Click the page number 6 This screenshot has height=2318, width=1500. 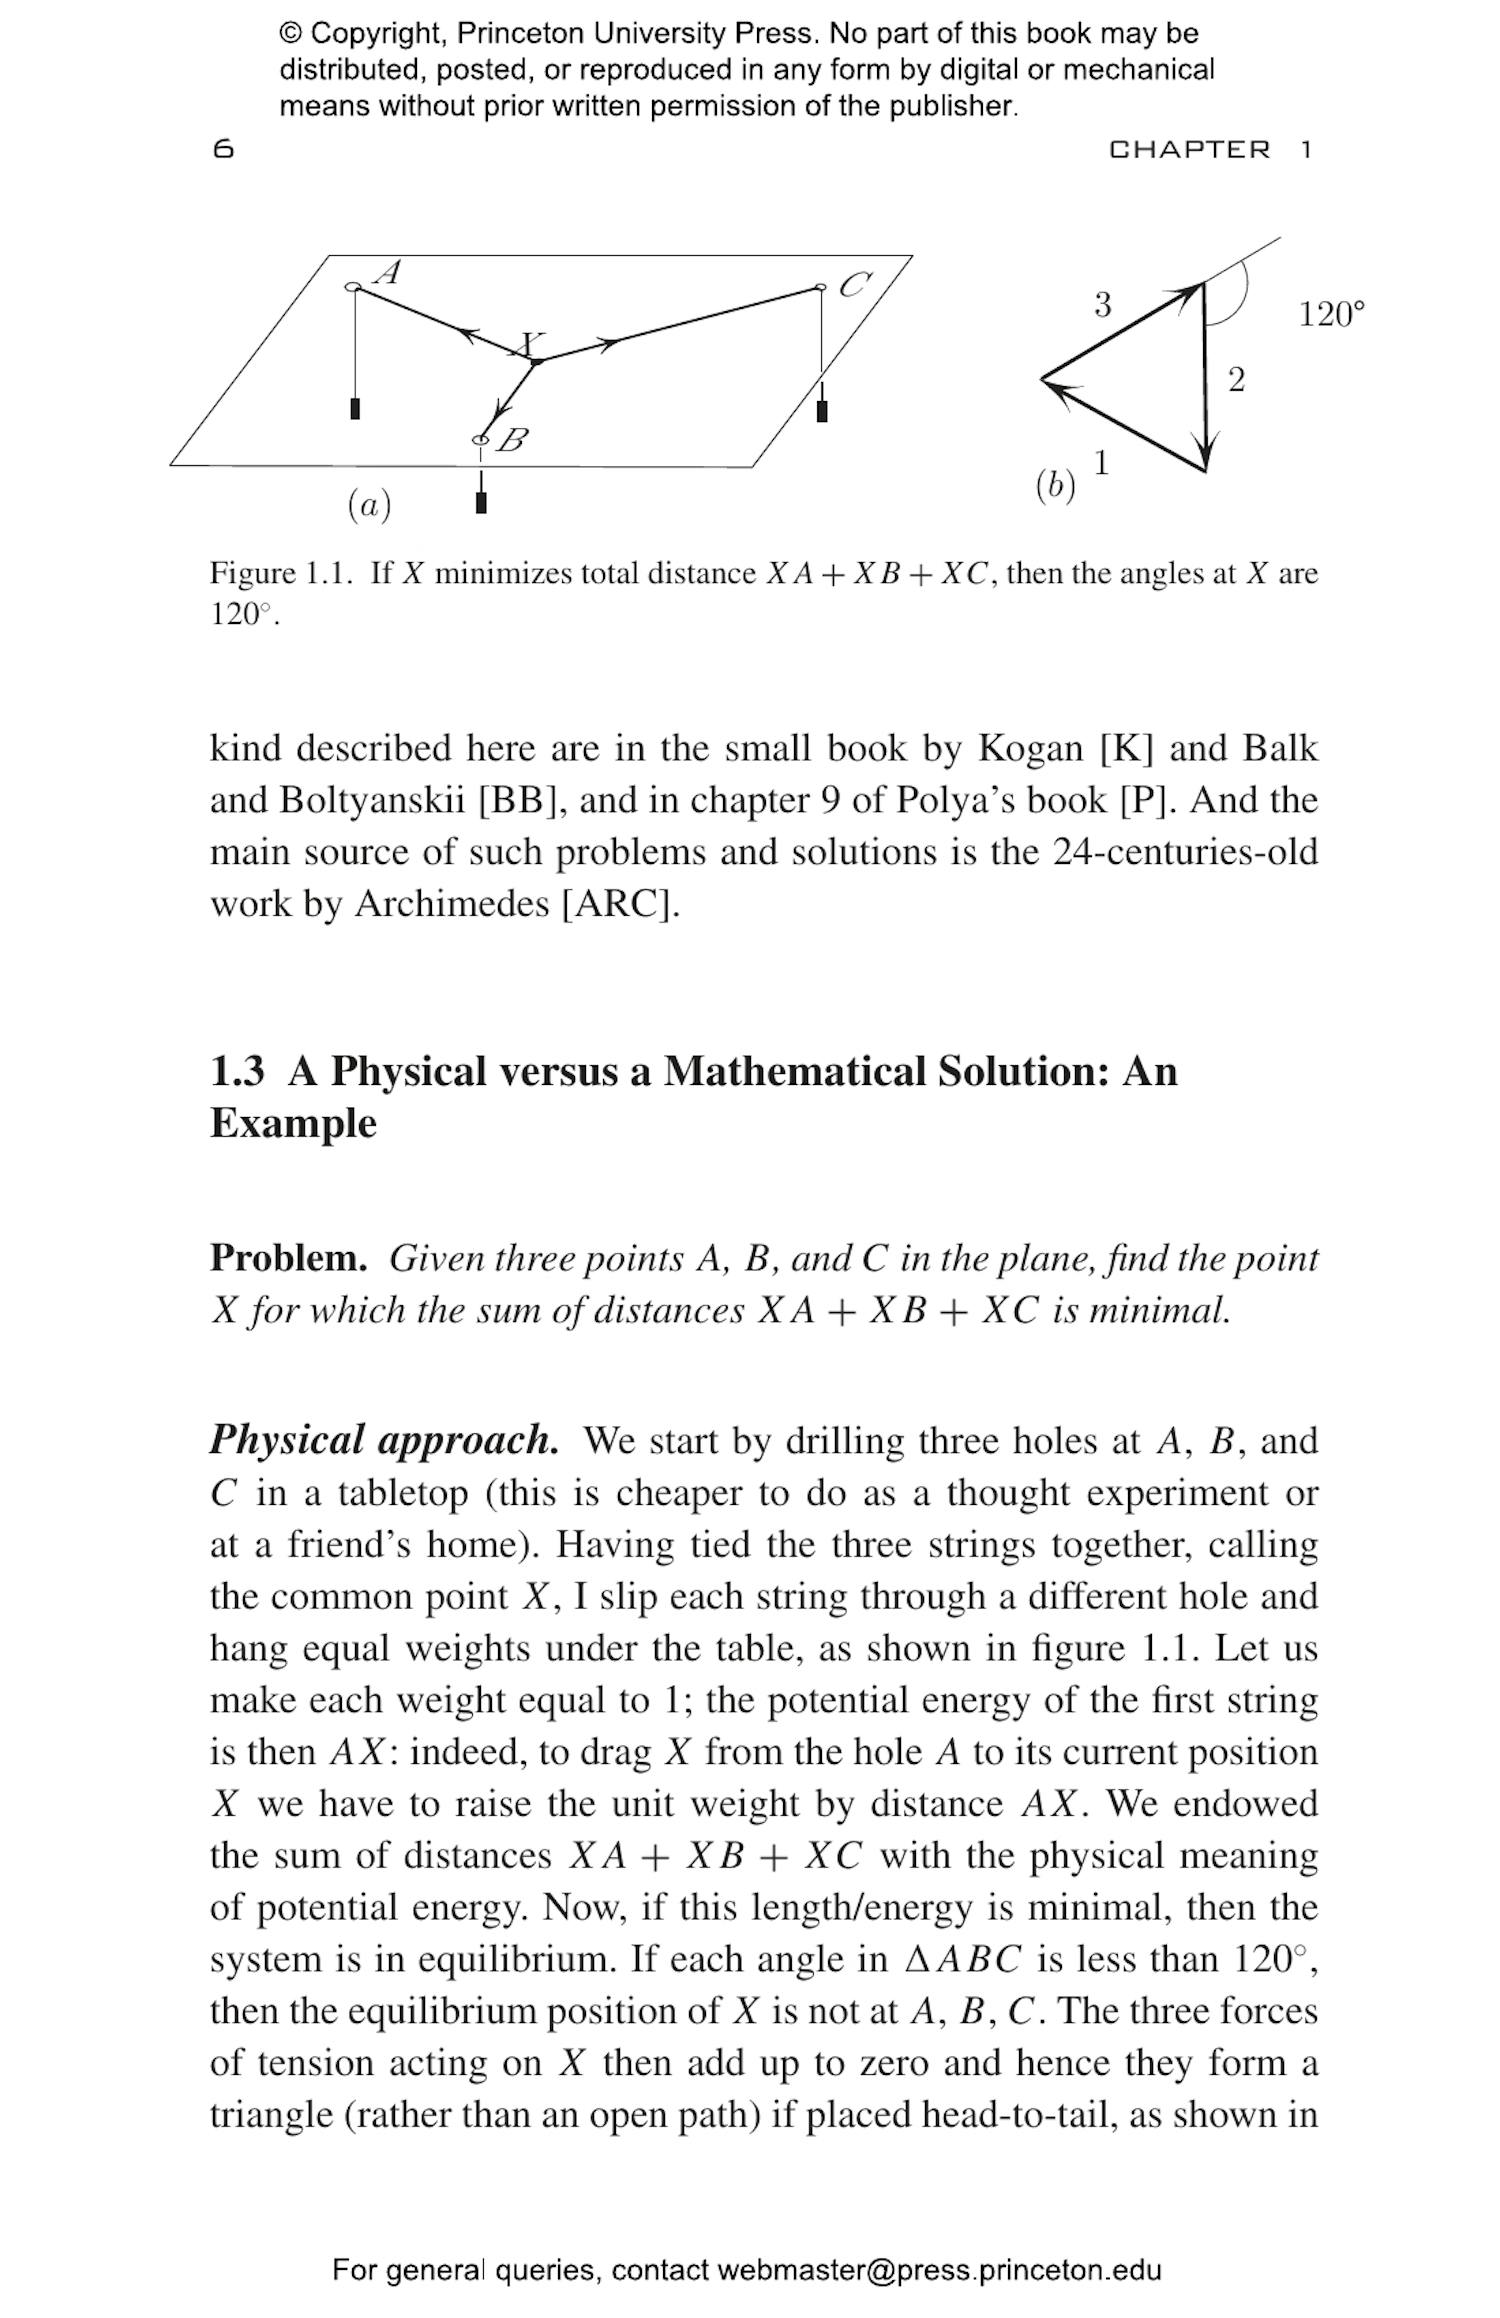[x=223, y=150]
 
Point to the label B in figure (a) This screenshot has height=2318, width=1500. [x=512, y=440]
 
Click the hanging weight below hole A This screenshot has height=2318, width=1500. [x=355, y=409]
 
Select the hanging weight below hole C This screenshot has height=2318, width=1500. [x=822, y=411]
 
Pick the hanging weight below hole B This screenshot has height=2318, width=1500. [x=481, y=502]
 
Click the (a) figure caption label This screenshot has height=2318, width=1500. [x=369, y=505]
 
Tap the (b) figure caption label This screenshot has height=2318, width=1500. [x=1055, y=486]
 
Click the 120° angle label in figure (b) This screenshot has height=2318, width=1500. [x=1331, y=314]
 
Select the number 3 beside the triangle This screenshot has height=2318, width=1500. [x=1102, y=304]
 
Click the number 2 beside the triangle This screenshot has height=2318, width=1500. [x=1236, y=380]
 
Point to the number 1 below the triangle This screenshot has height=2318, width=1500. [x=1101, y=463]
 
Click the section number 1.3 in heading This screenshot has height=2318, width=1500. [x=237, y=1071]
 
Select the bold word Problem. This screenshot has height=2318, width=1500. [x=288, y=1258]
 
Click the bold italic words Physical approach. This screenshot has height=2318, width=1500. [x=384, y=1440]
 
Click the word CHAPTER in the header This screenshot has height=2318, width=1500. [x=1189, y=150]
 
